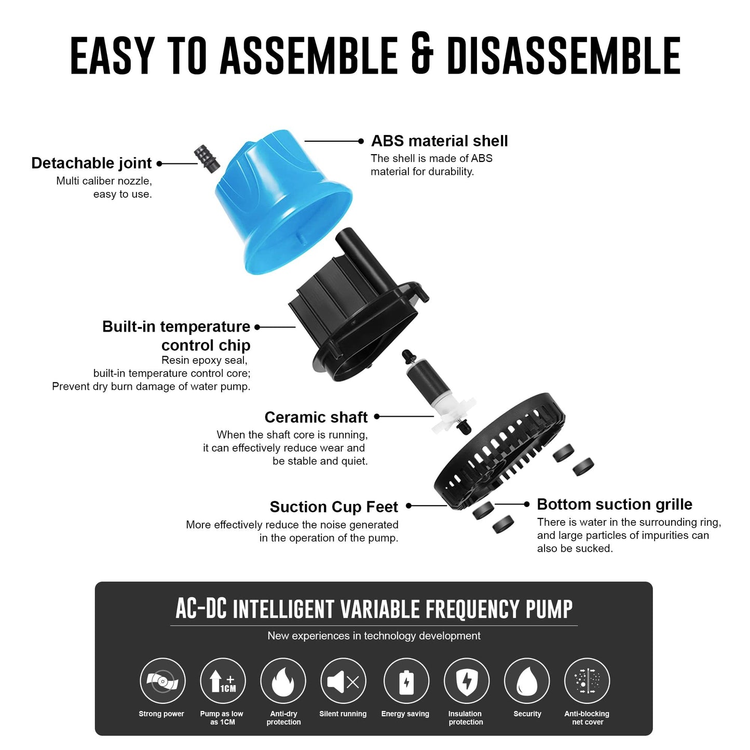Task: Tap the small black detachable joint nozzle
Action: (x=207, y=159)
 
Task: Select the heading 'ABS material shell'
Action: (x=439, y=141)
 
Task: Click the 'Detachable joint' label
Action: (x=91, y=163)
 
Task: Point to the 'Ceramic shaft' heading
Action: (x=316, y=417)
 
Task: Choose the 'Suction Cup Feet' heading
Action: (x=334, y=507)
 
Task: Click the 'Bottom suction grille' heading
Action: (x=615, y=504)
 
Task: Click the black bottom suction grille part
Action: (x=498, y=452)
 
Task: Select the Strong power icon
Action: (x=162, y=681)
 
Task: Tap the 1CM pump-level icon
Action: (x=223, y=681)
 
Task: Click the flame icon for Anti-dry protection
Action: (x=283, y=681)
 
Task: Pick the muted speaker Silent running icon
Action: (x=343, y=681)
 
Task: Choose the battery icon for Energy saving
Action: (x=406, y=681)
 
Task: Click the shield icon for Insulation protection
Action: (x=466, y=681)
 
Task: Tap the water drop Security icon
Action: (x=527, y=681)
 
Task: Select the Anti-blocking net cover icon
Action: (x=587, y=681)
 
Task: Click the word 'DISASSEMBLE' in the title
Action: (x=563, y=55)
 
